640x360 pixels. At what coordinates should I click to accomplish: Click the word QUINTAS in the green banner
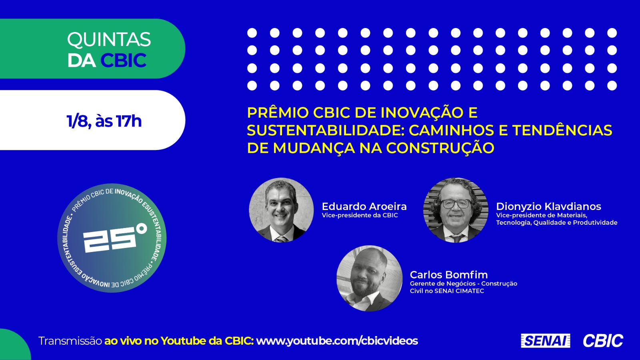[x=109, y=40]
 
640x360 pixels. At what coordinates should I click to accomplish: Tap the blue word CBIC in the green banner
[x=124, y=60]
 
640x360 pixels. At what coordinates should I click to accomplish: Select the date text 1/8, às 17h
[x=104, y=121]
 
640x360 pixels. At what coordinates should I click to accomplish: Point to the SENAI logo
[x=546, y=340]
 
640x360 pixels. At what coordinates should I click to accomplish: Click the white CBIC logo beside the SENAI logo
[x=603, y=340]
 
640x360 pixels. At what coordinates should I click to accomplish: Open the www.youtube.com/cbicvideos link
[x=337, y=341]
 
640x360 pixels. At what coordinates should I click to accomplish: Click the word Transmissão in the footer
[x=70, y=341]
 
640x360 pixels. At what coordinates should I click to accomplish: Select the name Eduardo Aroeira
[x=364, y=206]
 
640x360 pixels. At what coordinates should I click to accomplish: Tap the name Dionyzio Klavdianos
[x=548, y=206]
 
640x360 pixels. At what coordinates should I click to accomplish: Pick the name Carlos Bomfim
[x=449, y=274]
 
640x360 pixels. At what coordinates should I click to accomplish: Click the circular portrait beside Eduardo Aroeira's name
[x=282, y=210]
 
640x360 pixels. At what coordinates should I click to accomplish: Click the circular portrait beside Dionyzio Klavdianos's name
[x=456, y=210]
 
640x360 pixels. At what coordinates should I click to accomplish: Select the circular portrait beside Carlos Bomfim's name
[x=370, y=278]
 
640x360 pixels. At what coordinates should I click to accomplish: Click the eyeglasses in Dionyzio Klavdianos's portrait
[x=456, y=204]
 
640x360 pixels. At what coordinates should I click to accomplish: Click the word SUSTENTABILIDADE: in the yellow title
[x=326, y=130]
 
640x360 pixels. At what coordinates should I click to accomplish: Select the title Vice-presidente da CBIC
[x=360, y=215]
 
